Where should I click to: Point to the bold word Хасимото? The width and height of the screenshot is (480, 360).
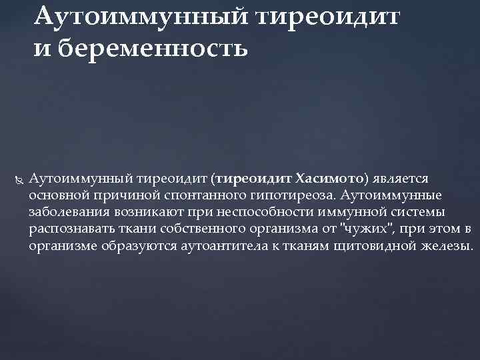[329, 179]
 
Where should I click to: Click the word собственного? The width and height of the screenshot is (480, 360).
[191, 229]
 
